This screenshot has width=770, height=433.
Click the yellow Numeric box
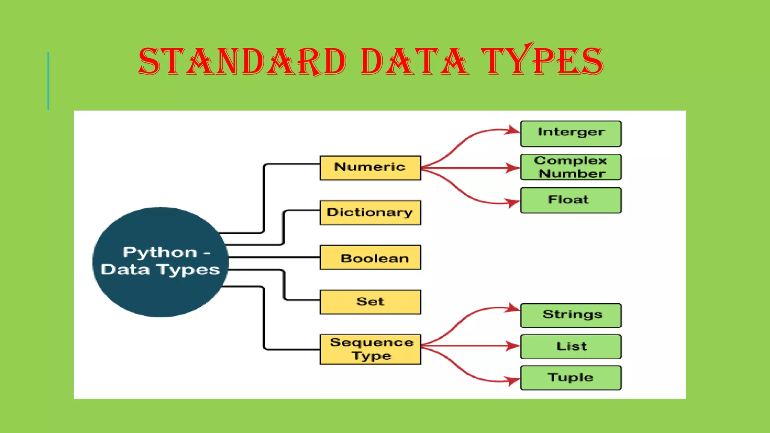coord(370,168)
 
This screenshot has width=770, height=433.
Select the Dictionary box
coord(370,212)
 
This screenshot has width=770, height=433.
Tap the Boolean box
coord(370,257)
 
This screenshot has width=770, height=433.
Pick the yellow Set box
coord(370,301)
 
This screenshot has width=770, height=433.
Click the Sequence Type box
coord(370,349)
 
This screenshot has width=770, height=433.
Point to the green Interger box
coord(571,133)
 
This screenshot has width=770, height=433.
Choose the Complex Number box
coord(571,167)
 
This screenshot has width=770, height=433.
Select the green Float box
coord(571,200)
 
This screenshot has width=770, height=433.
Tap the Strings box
coord(571,315)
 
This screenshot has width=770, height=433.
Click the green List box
coord(571,347)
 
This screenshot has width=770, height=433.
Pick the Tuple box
coord(571,378)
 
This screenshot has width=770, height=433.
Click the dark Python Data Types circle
coord(160,262)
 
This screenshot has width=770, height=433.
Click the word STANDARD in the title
coord(243,61)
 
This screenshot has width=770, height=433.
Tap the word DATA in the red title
coord(414,61)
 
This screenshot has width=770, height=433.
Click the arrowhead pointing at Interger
coord(514,130)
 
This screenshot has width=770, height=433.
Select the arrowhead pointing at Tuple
coord(514,381)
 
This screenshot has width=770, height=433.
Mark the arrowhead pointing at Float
coord(514,203)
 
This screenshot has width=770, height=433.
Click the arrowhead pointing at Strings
coord(514,308)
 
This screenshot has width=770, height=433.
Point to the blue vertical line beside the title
coord(48,81)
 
